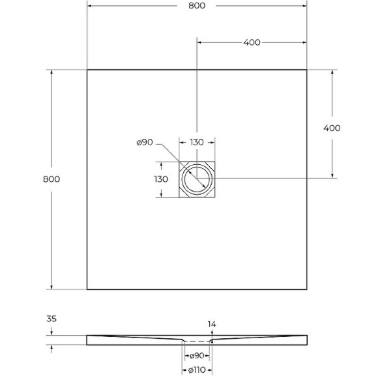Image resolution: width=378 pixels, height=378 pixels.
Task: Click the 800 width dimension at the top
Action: pyautogui.click(x=196, y=6)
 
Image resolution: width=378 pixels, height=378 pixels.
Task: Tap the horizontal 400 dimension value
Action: pyautogui.click(x=252, y=42)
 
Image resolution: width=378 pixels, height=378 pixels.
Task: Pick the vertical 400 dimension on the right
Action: pyautogui.click(x=332, y=128)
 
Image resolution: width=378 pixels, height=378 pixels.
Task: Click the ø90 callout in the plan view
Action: pyautogui.click(x=145, y=143)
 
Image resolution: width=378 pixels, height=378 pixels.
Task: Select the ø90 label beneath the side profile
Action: pyautogui.click(x=196, y=355)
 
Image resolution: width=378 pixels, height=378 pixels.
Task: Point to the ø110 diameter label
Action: pyautogui.click(x=196, y=370)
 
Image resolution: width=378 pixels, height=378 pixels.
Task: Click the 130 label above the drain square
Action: pyautogui.click(x=197, y=143)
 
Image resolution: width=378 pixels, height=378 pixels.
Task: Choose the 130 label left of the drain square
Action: pyautogui.click(x=161, y=179)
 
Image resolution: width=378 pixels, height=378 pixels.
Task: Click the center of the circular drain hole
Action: pyautogui.click(x=197, y=179)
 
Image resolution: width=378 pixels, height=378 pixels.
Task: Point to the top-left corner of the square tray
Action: pyautogui.click(x=87, y=70)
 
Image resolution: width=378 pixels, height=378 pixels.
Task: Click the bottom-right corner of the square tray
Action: pyautogui.click(x=307, y=289)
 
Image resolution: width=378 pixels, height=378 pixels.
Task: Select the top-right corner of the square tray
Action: pyautogui.click(x=307, y=70)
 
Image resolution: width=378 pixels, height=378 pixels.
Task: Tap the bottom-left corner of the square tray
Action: pyautogui.click(x=87, y=289)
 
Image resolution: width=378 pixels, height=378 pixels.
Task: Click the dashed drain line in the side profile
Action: pyautogui.click(x=196, y=341)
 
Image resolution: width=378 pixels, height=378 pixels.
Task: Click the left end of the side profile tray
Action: pyautogui.click(x=88, y=339)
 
